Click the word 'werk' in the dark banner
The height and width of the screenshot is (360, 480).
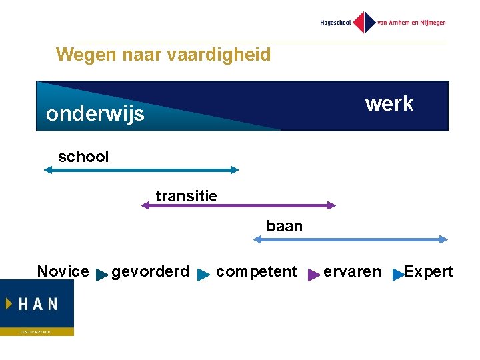(x=389, y=104)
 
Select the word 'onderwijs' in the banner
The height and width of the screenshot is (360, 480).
(x=95, y=114)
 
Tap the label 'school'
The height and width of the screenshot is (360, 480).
(x=83, y=157)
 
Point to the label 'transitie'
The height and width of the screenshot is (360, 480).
(x=186, y=195)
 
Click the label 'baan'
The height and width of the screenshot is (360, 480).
(x=284, y=227)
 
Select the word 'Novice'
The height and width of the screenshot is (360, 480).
(x=63, y=271)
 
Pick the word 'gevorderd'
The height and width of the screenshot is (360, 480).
(x=150, y=272)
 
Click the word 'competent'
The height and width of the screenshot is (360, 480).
(x=256, y=272)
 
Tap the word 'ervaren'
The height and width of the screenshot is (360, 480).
(x=352, y=272)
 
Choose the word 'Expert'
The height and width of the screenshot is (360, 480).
(x=428, y=271)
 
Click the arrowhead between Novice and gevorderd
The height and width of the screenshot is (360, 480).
(x=102, y=274)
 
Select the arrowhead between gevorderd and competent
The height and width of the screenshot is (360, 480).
(x=204, y=274)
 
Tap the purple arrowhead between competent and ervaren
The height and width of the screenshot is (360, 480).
(x=313, y=274)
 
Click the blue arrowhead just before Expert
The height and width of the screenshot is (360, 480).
(x=398, y=274)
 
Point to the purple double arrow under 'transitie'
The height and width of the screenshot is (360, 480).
(x=238, y=206)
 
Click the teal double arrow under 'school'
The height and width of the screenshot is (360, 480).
(x=141, y=170)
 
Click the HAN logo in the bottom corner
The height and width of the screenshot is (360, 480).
(x=37, y=307)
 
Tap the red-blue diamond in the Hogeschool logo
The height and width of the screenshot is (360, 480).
(x=364, y=22)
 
